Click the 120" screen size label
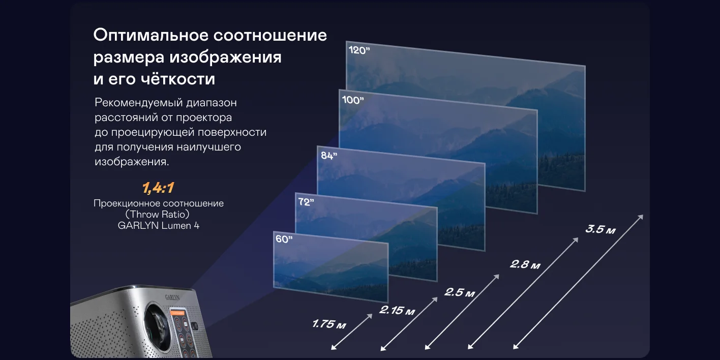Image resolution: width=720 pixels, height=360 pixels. (359, 50)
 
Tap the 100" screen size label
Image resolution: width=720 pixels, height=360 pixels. (352, 100)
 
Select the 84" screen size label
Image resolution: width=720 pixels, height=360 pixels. (329, 156)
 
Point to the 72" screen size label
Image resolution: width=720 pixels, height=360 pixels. (306, 202)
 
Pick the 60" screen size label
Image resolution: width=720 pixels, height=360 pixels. (284, 239)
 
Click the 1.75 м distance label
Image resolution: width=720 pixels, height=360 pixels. (329, 324)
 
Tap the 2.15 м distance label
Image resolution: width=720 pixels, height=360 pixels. (397, 310)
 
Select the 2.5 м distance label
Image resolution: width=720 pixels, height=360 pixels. (460, 292)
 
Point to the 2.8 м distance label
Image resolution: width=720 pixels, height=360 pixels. (525, 264)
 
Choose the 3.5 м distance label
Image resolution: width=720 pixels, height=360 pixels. (600, 229)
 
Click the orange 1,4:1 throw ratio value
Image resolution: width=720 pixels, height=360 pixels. (158, 188)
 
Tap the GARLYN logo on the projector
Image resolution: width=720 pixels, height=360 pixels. (172, 297)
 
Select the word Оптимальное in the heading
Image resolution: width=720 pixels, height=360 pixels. (151, 35)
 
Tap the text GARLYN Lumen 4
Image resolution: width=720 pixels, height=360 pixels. (159, 226)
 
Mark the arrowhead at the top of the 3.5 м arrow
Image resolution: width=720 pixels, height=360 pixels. (640, 217)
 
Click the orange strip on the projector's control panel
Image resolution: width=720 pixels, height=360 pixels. (177, 312)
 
